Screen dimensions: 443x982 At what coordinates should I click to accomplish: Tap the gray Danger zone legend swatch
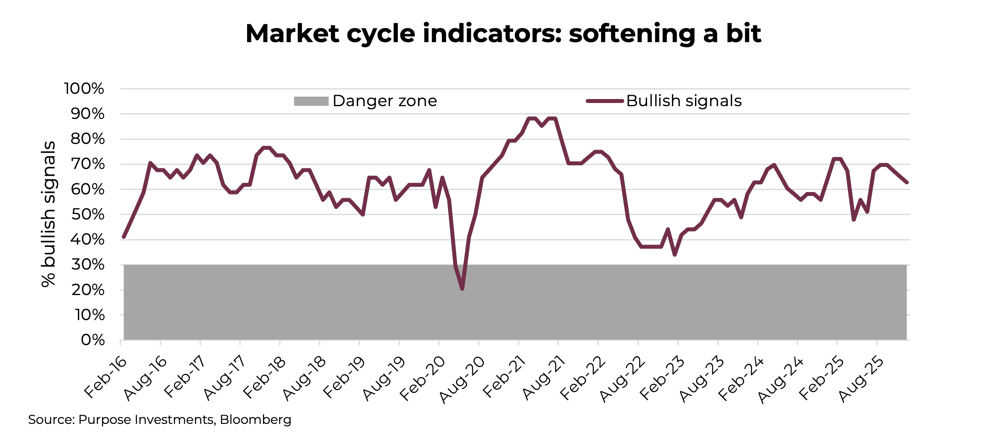(x=311, y=101)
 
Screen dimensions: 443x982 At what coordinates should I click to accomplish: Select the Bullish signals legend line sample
(x=604, y=101)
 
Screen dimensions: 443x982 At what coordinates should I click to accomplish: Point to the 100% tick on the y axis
(x=84, y=89)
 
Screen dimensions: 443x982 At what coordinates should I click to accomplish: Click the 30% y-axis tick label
(x=88, y=265)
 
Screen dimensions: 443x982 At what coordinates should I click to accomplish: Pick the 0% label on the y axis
(x=93, y=340)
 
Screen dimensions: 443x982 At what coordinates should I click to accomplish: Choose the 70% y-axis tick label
(x=88, y=164)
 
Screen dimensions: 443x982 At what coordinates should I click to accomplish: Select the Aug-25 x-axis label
(x=861, y=380)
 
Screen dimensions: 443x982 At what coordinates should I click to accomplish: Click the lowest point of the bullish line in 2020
(x=462, y=289)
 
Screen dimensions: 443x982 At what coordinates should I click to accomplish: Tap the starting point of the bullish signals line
(x=124, y=237)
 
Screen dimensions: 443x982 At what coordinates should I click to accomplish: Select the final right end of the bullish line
(x=906, y=183)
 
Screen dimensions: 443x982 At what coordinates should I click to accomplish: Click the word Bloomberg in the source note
(x=255, y=420)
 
